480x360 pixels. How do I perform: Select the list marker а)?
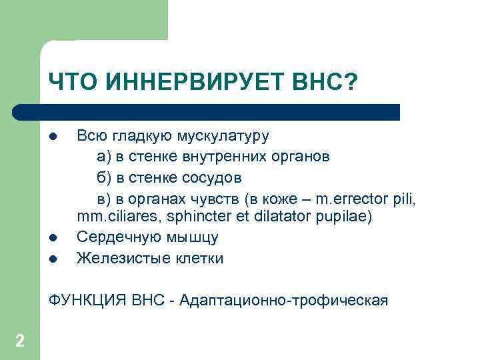click(x=104, y=157)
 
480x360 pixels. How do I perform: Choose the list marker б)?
click(x=104, y=178)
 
